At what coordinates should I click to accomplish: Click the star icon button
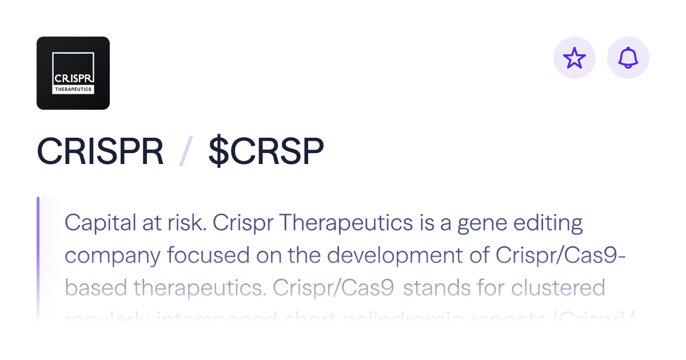(x=575, y=58)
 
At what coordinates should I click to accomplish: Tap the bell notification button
(x=628, y=58)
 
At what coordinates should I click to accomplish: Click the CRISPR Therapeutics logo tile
(x=73, y=73)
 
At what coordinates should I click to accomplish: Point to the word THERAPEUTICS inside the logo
(x=73, y=90)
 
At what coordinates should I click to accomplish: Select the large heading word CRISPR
(x=100, y=151)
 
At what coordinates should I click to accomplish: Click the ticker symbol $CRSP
(x=266, y=151)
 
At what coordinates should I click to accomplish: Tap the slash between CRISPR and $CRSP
(x=185, y=151)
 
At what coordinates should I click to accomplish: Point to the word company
(x=113, y=257)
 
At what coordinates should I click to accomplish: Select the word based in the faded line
(x=95, y=288)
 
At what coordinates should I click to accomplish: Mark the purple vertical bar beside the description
(x=38, y=257)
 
